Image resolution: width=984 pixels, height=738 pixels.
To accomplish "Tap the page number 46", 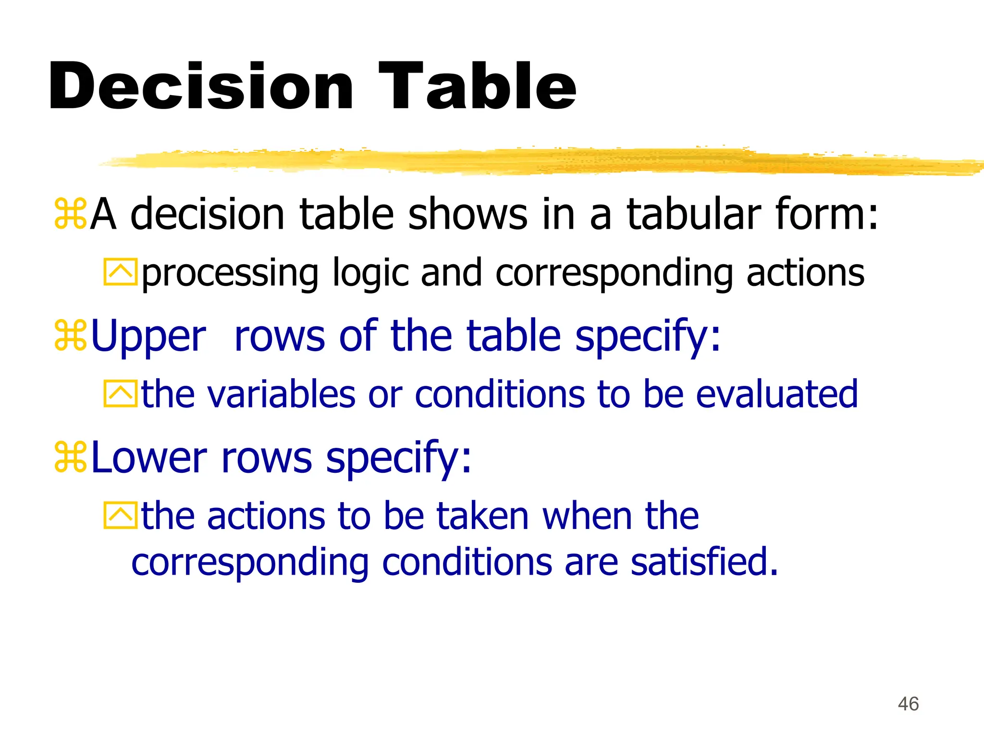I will click(908, 704).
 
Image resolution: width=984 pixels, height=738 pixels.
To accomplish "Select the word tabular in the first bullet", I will click(694, 214).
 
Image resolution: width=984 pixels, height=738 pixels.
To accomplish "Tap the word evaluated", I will click(776, 394).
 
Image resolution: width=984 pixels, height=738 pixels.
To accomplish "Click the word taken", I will click(482, 516).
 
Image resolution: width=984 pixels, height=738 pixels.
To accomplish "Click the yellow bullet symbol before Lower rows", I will click(70, 457).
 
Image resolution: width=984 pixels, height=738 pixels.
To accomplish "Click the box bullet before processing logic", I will click(120, 272).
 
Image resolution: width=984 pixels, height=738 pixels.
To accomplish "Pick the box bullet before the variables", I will click(120, 394).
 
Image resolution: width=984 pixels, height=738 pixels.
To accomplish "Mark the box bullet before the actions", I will click(120, 516).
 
